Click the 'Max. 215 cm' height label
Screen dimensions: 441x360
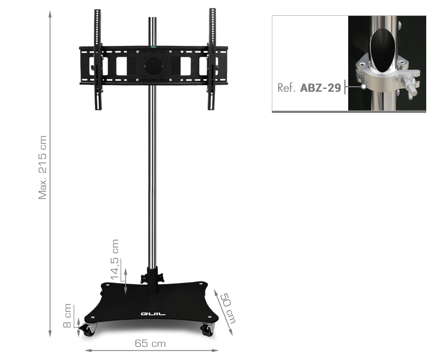coord(43,167)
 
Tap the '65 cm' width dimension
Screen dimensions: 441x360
coord(150,344)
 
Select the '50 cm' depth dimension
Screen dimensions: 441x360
coord(228,308)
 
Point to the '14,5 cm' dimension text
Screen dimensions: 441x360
coord(115,260)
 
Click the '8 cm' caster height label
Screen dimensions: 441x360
coord(67,316)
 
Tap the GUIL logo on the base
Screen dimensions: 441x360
coord(153,314)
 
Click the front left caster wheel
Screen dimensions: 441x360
coord(88,330)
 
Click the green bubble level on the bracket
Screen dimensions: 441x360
coord(153,47)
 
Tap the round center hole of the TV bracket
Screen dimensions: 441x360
coord(153,67)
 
